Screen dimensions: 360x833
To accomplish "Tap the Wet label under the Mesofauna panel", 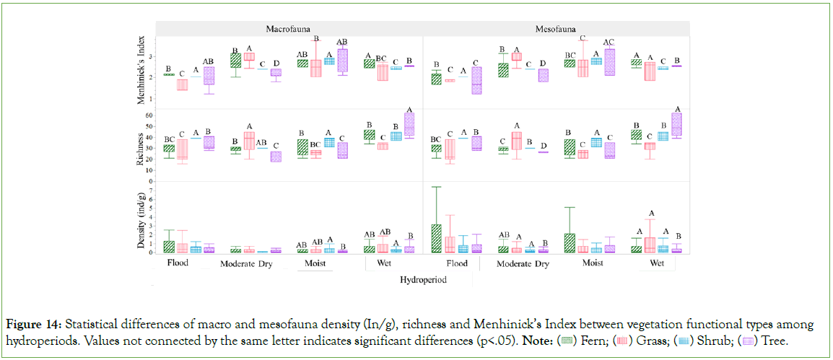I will coord(657,263).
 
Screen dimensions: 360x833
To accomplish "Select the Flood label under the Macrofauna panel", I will coord(178,263).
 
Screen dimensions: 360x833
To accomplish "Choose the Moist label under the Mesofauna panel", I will coord(593,263).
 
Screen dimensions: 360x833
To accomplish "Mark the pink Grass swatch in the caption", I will coord(625,338).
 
